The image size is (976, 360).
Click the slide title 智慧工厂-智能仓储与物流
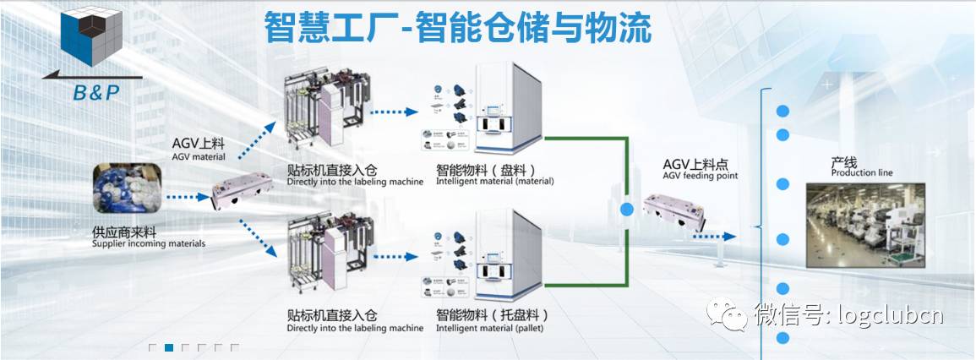click(457, 28)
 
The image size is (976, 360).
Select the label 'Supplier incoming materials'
click(149, 244)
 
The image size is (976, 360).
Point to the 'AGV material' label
click(198, 155)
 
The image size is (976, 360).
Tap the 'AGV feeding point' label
click(701, 176)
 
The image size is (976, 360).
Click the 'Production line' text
click(861, 173)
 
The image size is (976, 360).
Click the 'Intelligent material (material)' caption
click(494, 181)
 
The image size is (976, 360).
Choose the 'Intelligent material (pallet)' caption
click(489, 328)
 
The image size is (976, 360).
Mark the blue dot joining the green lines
click(627, 209)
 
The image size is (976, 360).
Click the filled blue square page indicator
click(169, 347)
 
